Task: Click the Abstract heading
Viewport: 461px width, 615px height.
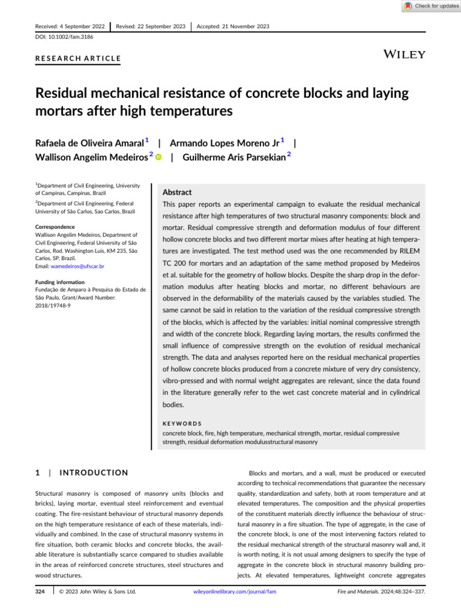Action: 177,193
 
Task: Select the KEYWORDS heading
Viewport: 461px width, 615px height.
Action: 182,423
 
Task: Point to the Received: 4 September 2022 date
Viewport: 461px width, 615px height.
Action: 70,26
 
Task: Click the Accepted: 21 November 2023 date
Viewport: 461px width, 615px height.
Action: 233,26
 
